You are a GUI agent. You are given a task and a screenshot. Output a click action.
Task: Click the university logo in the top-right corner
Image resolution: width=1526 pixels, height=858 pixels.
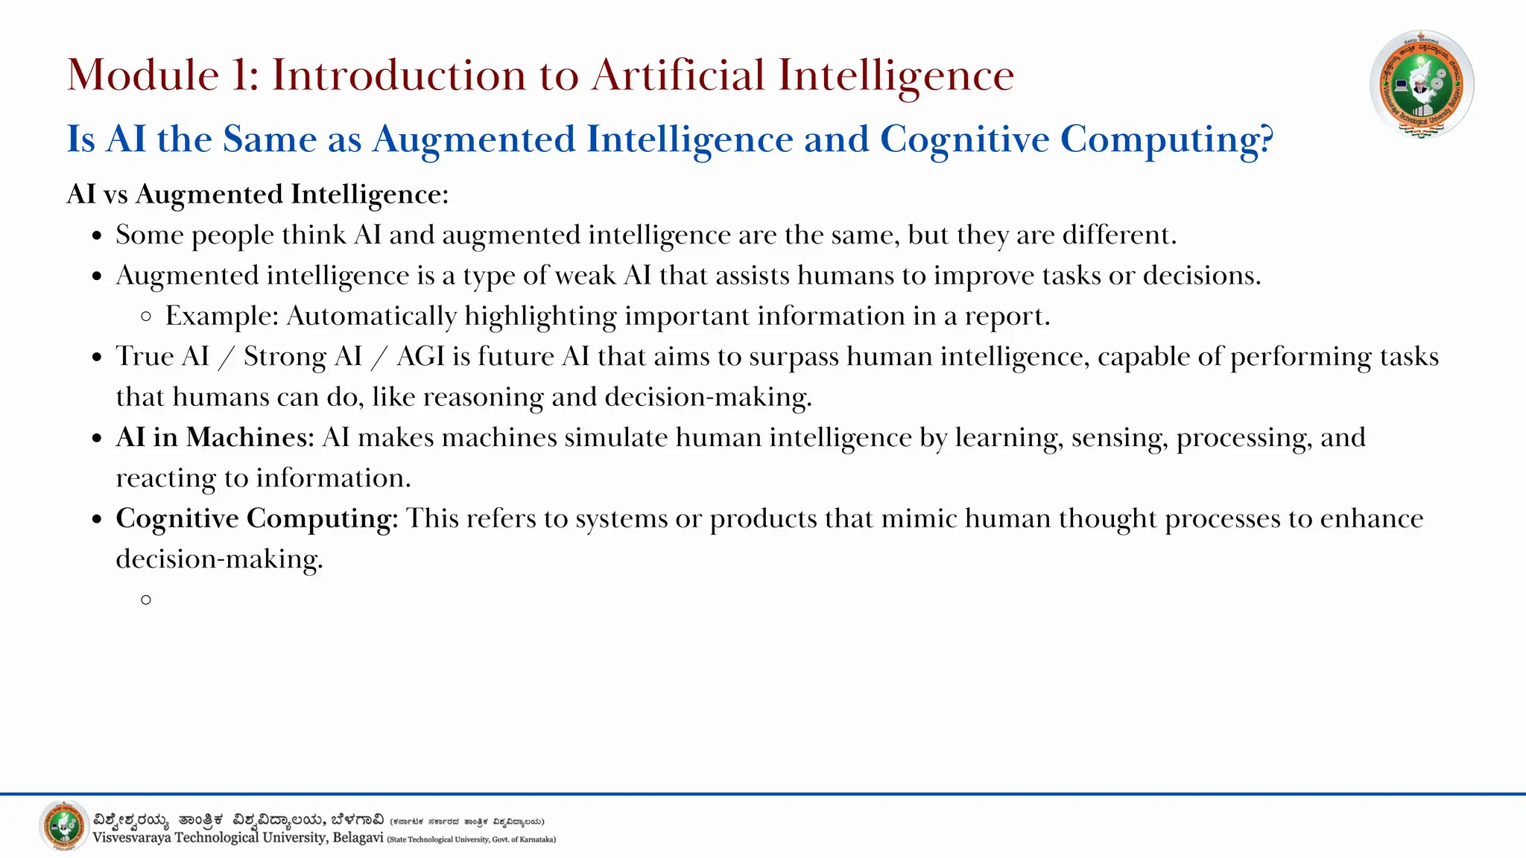tap(1422, 83)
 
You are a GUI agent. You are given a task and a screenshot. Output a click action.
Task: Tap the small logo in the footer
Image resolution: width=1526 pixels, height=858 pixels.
tap(63, 825)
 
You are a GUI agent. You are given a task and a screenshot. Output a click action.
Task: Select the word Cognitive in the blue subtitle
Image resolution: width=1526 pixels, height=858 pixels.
tap(964, 139)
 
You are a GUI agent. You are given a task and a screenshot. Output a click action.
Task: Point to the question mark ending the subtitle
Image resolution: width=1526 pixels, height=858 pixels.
tap(1265, 139)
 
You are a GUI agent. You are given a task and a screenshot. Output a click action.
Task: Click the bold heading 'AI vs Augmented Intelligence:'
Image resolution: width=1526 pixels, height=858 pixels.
tap(258, 194)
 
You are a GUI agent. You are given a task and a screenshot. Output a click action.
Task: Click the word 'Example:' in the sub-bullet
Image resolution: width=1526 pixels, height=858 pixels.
tap(222, 316)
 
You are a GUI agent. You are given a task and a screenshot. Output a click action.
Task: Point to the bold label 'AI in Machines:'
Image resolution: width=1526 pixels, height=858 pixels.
tap(215, 437)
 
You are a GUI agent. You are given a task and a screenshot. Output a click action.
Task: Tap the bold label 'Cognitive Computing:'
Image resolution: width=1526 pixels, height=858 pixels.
tap(257, 519)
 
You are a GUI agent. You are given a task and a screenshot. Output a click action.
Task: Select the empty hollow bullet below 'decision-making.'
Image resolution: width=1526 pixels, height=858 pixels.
tap(146, 600)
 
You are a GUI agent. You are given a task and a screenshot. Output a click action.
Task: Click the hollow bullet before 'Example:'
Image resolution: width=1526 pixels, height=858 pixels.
tap(146, 317)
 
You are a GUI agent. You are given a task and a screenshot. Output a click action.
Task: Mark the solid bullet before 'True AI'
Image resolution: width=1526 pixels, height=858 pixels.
tap(97, 357)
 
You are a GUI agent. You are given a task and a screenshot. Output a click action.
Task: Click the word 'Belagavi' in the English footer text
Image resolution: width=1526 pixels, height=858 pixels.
tap(358, 838)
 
